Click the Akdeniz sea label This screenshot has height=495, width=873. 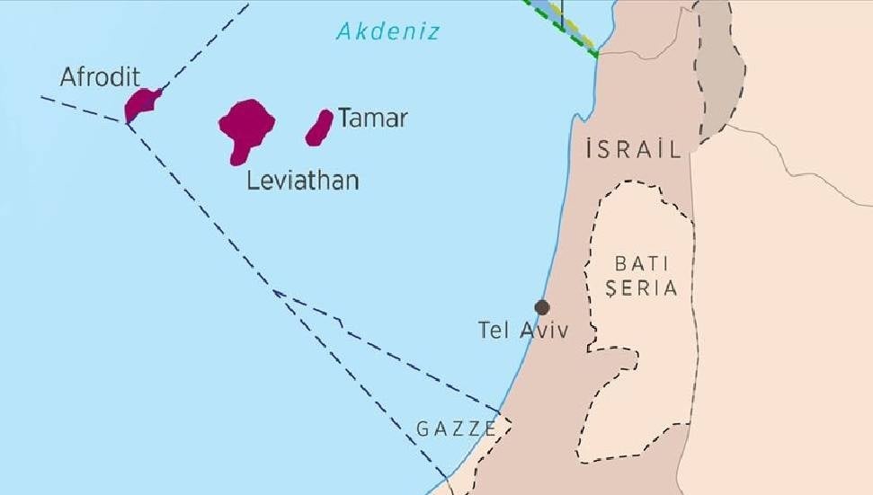tap(388, 32)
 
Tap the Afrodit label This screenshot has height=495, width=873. tap(100, 77)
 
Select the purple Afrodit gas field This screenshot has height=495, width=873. tap(141, 102)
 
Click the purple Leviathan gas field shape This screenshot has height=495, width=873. tap(245, 127)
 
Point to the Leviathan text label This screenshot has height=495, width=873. tap(303, 181)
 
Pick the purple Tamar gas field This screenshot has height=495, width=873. tap(319, 128)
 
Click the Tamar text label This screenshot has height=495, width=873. tap(372, 118)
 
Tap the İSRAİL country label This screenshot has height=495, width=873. tap(633, 149)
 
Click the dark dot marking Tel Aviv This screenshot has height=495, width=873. tap(542, 307)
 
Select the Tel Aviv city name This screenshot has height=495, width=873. tap(523, 331)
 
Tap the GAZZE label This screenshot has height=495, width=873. tap(457, 429)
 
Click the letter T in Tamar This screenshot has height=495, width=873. tap(345, 118)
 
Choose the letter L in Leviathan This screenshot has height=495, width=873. tap(253, 181)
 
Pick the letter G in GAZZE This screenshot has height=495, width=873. tap(423, 429)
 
